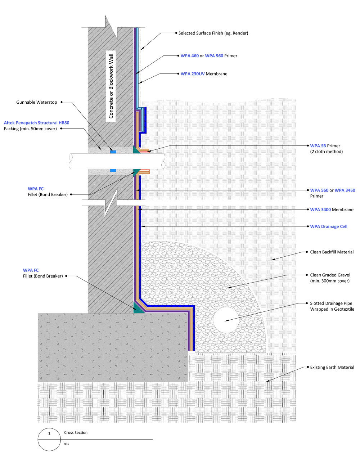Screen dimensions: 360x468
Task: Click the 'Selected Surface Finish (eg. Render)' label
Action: [213, 33]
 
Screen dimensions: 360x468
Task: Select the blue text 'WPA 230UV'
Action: [192, 74]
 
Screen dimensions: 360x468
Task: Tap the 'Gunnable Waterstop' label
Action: [37, 102]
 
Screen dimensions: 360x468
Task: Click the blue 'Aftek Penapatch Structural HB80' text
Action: [37, 123]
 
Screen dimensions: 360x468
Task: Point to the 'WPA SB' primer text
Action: [318, 146]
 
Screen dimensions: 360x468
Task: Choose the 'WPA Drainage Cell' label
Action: [328, 226]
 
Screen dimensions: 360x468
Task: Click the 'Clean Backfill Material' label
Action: [332, 252]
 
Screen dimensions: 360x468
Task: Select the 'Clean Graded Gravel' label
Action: [330, 275]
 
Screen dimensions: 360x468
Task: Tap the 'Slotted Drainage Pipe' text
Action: [331, 303]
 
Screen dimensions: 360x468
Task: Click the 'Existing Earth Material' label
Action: [332, 368]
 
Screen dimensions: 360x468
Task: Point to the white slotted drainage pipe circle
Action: [226, 320]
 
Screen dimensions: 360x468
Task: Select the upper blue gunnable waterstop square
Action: [113, 152]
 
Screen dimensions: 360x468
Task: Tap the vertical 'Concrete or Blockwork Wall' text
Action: [111, 86]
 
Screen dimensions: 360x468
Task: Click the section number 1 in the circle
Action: [49, 433]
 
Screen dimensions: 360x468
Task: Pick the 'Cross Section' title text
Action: [76, 432]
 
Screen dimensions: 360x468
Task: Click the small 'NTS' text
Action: [66, 444]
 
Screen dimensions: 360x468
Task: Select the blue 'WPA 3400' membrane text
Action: [320, 210]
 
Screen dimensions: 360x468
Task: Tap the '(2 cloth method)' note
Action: [326, 152]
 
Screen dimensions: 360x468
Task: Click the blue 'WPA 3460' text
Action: [345, 190]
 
